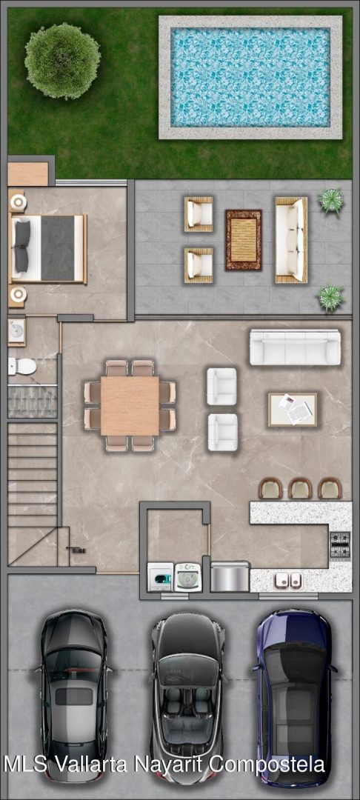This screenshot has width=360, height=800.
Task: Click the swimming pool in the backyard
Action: click(250, 77)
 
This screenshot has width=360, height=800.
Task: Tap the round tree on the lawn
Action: click(62, 61)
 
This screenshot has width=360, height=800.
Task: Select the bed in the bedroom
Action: click(48, 248)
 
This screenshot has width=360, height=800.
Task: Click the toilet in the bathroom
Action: click(22, 366)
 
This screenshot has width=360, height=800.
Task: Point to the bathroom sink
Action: click(17, 332)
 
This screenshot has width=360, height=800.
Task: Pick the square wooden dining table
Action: click(130, 406)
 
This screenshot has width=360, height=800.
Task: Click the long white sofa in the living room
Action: click(295, 347)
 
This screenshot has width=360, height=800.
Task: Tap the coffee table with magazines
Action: click(293, 409)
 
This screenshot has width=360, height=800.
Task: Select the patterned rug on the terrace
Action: click(244, 240)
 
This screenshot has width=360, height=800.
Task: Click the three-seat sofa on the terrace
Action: click(291, 240)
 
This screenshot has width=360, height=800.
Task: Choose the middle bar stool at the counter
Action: click(300, 487)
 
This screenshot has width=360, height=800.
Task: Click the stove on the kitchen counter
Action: click(340, 545)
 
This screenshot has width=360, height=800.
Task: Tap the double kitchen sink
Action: click(288, 580)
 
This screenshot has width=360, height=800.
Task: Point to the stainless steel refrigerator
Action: click(230, 576)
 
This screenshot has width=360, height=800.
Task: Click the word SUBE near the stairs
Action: click(79, 551)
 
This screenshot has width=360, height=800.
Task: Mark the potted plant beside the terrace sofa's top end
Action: click(331, 201)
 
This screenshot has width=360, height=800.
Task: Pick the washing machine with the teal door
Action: click(160, 577)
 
